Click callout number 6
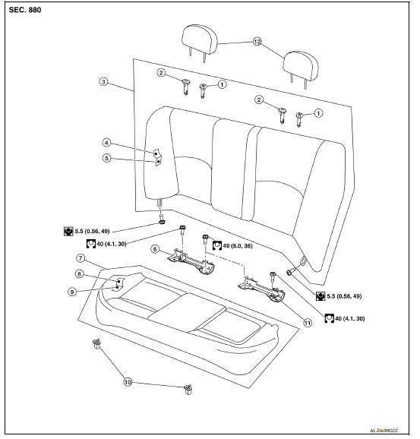pyautogui.click(x=156, y=248)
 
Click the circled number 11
pyautogui.click(x=308, y=322)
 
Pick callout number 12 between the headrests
pyautogui.click(x=257, y=43)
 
